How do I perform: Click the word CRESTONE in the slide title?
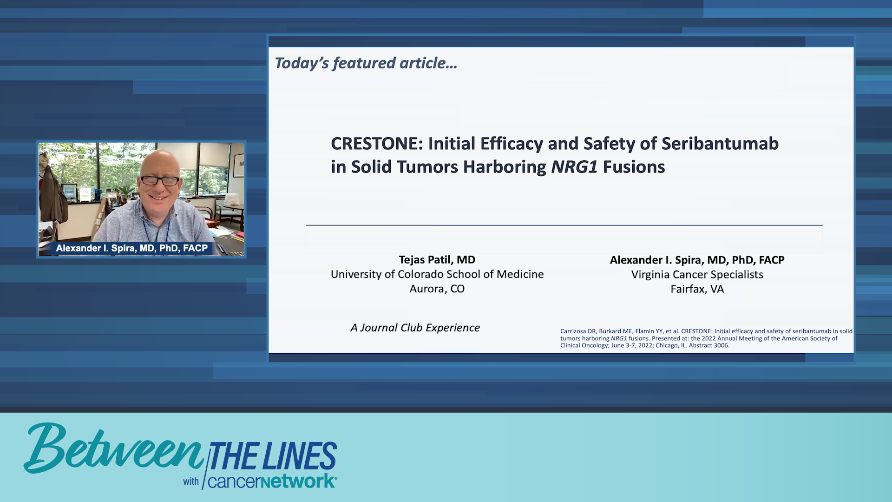(374, 144)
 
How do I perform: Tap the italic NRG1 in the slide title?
(574, 167)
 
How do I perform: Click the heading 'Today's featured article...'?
(366, 63)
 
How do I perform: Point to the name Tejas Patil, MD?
(437, 260)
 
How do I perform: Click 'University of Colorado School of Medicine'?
(437, 274)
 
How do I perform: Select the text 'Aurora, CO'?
(437, 289)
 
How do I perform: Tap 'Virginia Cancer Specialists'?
(697, 275)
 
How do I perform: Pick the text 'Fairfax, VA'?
(697, 289)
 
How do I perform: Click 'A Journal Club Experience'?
(415, 328)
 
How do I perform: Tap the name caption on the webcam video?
(131, 248)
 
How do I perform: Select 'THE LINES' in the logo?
(273, 456)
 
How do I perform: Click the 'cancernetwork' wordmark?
(272, 482)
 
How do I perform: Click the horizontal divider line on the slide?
(564, 225)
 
